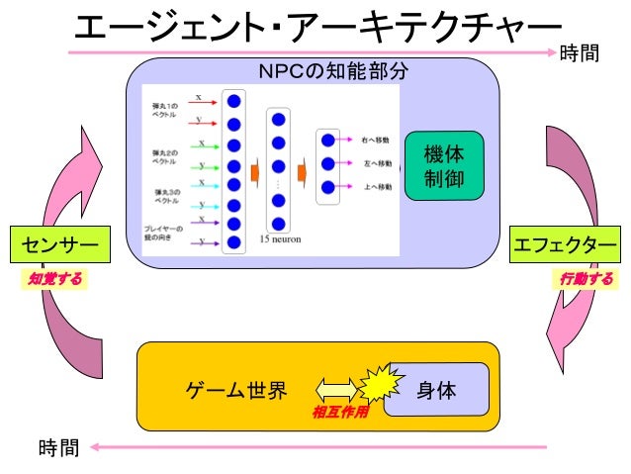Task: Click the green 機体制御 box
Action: coord(444,165)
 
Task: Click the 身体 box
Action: coord(436,390)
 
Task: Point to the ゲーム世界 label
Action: coord(237,390)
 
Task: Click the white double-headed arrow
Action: coord(335,389)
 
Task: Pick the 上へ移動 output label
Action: coord(377,185)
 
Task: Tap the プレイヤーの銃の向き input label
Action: coord(163,233)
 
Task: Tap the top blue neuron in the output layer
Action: coord(328,142)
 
